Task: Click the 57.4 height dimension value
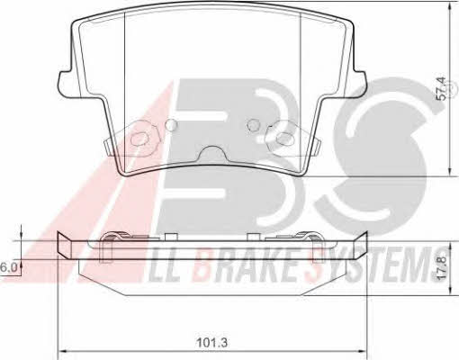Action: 442,88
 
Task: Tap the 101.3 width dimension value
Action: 212,342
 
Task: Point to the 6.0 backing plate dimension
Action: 8,267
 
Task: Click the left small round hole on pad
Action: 172,124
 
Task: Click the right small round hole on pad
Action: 254,124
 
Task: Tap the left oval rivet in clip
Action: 139,139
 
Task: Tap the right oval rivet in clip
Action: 284,139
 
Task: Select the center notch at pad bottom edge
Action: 212,153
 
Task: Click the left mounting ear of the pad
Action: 66,84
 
